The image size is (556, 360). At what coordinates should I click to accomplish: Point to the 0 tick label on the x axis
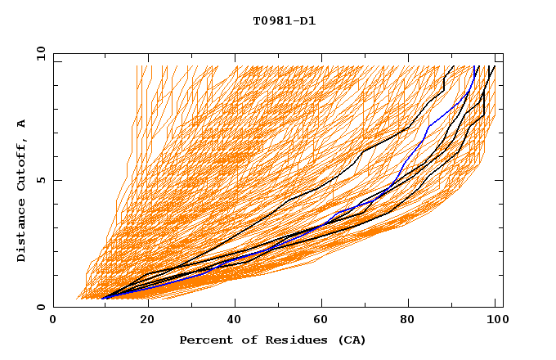[x=53, y=322]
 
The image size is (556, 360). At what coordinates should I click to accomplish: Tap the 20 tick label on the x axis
[x=147, y=322]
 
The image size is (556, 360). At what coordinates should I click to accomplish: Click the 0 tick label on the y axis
[x=41, y=308]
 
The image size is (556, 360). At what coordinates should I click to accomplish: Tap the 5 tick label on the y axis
[x=41, y=180]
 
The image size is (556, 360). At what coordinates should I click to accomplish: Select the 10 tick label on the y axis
[x=39, y=53]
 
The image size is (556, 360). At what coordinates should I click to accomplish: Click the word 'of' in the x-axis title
[x=243, y=340]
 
